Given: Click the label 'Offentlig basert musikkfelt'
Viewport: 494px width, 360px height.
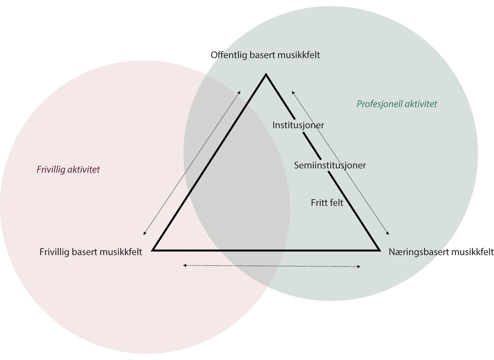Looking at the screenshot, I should (265, 55).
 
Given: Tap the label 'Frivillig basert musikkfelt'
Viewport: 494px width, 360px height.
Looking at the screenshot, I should (91, 252).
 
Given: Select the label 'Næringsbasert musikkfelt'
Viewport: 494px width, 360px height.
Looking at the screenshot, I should (441, 252).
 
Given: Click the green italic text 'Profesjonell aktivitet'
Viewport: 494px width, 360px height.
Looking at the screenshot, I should (396, 104).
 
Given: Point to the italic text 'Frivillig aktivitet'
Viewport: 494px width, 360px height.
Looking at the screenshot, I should (68, 169).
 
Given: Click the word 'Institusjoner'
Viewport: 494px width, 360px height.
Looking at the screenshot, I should (298, 125).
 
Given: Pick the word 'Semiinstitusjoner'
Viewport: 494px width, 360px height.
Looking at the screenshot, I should (330, 165).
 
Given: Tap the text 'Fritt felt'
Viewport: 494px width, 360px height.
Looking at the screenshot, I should (327, 203).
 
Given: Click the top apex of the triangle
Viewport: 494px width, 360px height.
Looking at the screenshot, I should (266, 75).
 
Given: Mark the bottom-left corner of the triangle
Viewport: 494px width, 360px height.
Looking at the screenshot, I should (153, 250).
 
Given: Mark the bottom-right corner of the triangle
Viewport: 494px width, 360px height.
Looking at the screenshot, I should (378, 250).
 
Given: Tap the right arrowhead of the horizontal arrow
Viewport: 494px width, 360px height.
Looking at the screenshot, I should (359, 267).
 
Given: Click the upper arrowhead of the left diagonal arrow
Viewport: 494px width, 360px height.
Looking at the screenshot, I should (240, 91).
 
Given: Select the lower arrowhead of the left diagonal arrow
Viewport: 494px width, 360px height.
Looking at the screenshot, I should (144, 234).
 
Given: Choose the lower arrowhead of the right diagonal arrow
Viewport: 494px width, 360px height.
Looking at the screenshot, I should (388, 234).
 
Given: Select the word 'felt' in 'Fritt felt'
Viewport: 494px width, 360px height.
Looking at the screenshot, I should (336, 203).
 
